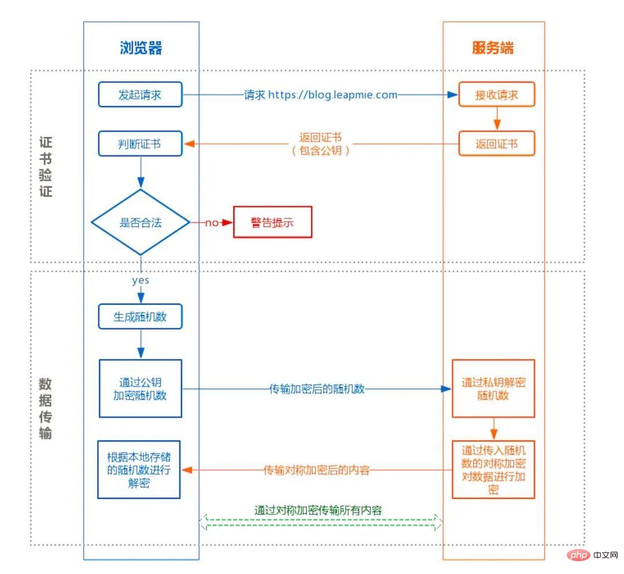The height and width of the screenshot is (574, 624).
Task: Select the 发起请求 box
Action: [x=140, y=95]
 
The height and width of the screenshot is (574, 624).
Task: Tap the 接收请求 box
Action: [x=496, y=95]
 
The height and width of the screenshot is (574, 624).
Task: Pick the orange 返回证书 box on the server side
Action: [x=496, y=144]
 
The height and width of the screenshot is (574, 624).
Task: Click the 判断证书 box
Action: [x=140, y=144]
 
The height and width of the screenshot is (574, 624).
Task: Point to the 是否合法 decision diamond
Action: [x=140, y=222]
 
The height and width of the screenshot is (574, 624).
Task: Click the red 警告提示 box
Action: [x=272, y=222]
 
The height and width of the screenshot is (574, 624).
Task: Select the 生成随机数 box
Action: [x=140, y=317]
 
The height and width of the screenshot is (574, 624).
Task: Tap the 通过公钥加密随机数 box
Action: [x=140, y=388]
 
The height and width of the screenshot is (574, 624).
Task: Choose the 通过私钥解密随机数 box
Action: [x=493, y=388]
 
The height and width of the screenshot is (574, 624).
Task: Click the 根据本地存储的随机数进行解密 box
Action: [x=139, y=469]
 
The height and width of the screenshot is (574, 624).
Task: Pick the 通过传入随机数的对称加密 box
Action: [x=493, y=469]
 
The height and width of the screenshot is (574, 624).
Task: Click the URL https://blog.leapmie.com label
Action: [x=332, y=95]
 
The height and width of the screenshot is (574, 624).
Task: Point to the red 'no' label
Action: [x=211, y=223]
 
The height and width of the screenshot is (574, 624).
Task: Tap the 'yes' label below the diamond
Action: [x=140, y=281]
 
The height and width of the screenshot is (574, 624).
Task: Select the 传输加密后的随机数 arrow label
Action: [x=317, y=389]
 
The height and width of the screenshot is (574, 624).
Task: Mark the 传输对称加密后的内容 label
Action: [x=317, y=470]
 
